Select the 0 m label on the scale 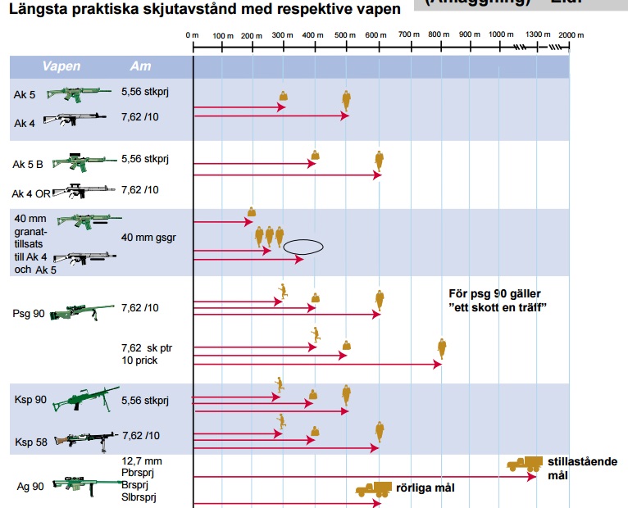click(x=193, y=36)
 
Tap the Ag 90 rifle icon click(x=84, y=485)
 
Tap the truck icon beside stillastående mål click(x=524, y=465)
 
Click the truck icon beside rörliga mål click(x=373, y=489)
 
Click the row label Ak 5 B click(x=28, y=165)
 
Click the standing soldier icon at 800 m click(x=442, y=348)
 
